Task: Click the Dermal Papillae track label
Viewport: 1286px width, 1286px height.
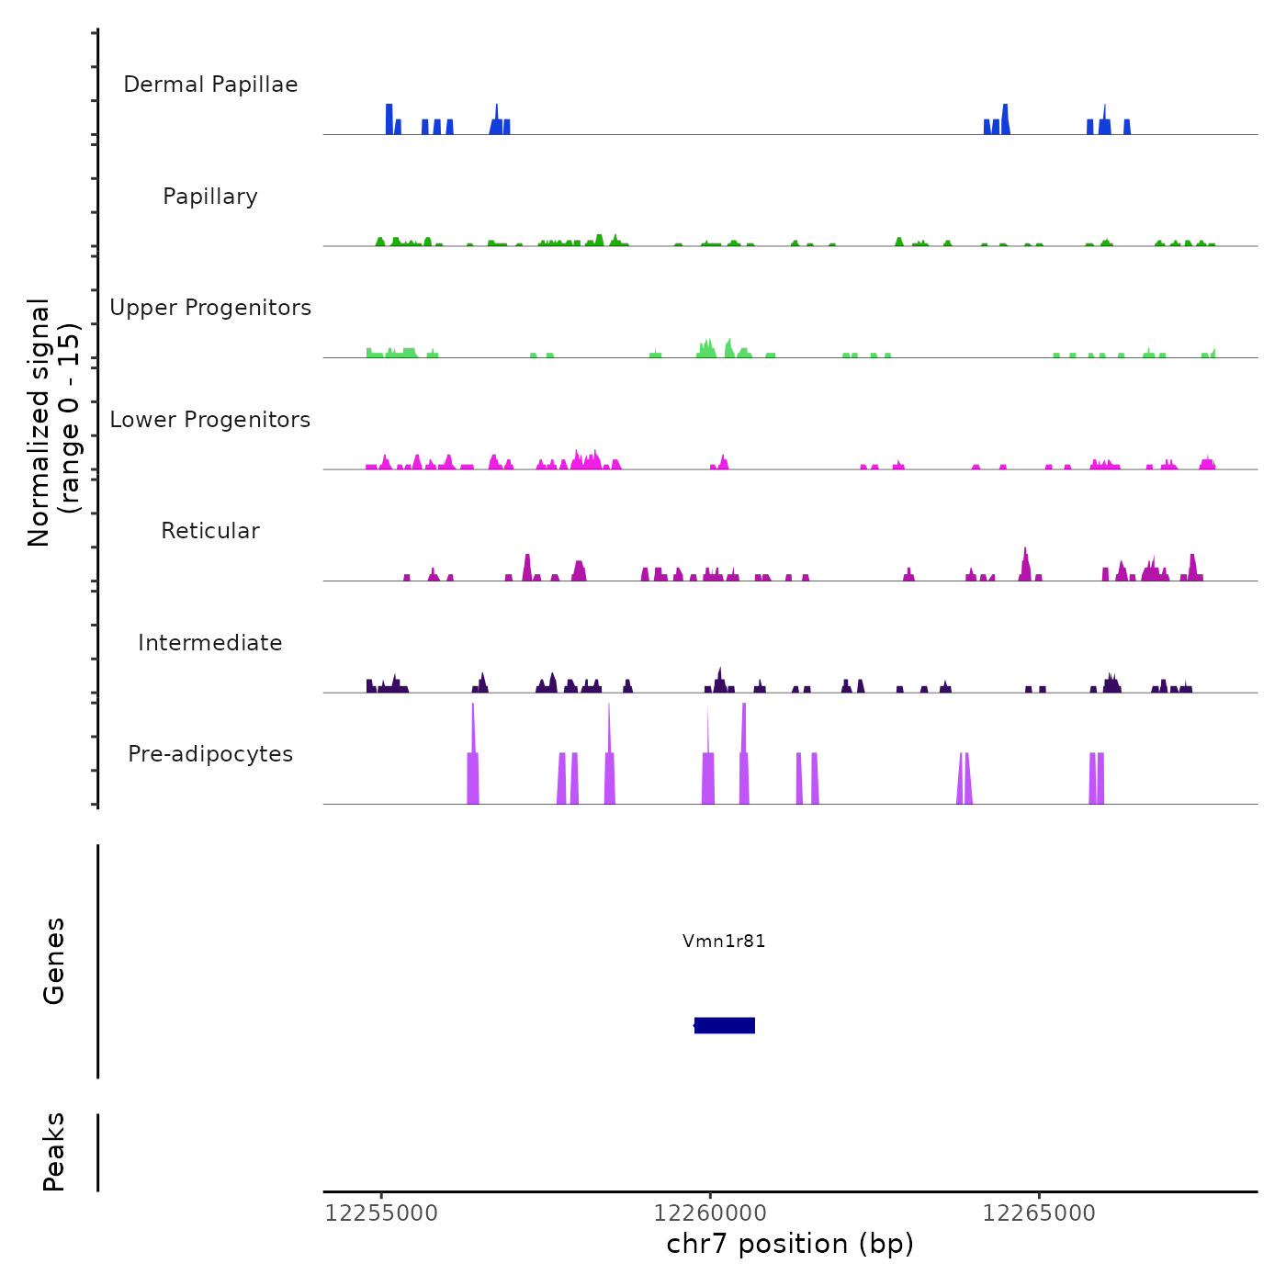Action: tap(210, 85)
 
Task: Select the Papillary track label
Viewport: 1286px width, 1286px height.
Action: tap(210, 197)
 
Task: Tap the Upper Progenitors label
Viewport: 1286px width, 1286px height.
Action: tap(210, 308)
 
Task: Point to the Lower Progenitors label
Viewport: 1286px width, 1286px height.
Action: tap(210, 420)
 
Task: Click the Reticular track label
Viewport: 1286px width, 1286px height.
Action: tap(210, 531)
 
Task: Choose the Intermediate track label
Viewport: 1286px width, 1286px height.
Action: tap(210, 643)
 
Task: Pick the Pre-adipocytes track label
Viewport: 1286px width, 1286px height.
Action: tap(210, 754)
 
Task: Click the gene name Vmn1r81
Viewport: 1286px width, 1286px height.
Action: tap(724, 941)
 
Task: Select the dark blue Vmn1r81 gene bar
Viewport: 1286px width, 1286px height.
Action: tap(725, 1025)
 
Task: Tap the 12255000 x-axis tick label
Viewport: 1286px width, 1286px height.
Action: tap(381, 1213)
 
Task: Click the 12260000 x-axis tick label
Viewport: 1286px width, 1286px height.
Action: tap(710, 1213)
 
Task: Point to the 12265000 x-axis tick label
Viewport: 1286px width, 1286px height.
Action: tap(1039, 1213)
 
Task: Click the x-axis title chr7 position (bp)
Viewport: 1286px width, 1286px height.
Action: tap(790, 1244)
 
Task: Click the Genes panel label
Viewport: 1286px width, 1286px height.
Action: tap(54, 961)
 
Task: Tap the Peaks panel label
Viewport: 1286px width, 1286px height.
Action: tap(54, 1152)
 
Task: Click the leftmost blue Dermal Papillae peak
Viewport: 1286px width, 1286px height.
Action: tap(389, 120)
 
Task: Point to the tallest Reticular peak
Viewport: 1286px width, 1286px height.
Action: tap(1025, 565)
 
